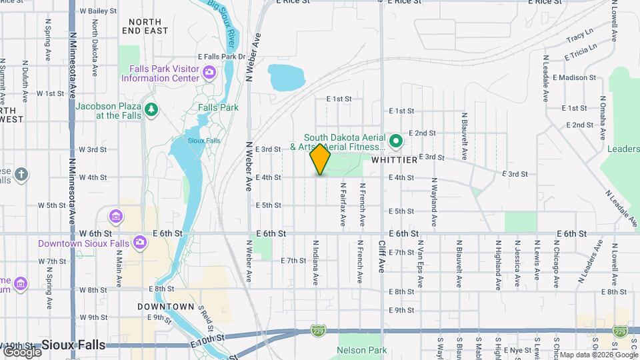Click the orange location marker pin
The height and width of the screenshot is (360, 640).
coord(320,159)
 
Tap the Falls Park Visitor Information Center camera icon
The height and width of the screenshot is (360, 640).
coord(209,72)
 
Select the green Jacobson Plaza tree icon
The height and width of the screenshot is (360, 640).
coord(151,109)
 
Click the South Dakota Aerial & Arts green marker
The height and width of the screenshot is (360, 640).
coord(395,141)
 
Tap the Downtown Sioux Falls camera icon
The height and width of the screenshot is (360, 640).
coord(140,242)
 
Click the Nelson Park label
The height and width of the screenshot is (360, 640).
coord(362,350)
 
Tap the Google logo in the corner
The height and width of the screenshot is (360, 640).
coord(21,351)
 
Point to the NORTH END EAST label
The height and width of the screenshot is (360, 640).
coord(144,26)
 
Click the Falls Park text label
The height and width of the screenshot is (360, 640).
coord(218,107)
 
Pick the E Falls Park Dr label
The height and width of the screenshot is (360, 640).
coord(222,57)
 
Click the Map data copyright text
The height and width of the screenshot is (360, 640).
coord(597,355)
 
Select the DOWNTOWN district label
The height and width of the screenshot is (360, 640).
coord(165,307)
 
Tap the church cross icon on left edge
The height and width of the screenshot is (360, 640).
coord(21,175)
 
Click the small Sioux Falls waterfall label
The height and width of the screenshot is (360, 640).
coord(185,141)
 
